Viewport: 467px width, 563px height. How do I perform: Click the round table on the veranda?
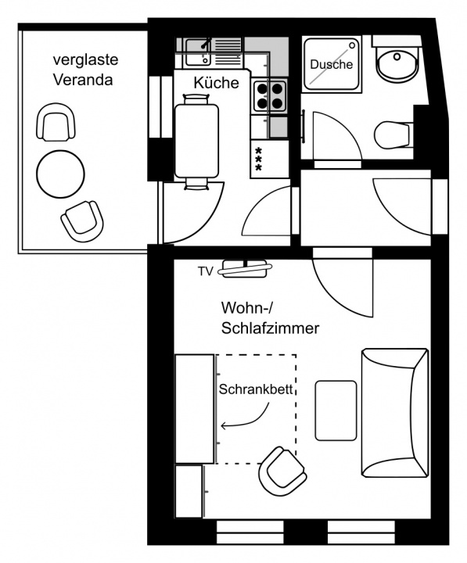(61, 174)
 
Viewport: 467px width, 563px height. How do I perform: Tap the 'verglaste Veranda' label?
(85, 70)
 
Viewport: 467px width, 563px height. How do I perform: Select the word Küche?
(216, 83)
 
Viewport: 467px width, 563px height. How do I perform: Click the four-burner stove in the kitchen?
(270, 95)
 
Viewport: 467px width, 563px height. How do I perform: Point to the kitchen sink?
(198, 52)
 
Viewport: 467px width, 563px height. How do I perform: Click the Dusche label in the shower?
(331, 65)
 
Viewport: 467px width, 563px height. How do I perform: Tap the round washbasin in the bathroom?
(397, 62)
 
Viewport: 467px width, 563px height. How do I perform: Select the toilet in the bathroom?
(392, 135)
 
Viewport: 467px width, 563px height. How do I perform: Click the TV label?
(206, 271)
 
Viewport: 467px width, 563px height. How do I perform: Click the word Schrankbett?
(256, 389)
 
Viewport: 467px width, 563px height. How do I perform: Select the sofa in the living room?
(395, 411)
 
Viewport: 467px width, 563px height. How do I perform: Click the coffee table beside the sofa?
(336, 411)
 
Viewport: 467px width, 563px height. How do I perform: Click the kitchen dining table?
(196, 141)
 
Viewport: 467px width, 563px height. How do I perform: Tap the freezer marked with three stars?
(270, 159)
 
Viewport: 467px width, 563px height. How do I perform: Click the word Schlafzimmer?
(270, 328)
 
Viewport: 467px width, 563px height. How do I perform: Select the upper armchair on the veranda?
(56, 122)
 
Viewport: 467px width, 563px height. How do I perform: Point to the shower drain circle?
(352, 45)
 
